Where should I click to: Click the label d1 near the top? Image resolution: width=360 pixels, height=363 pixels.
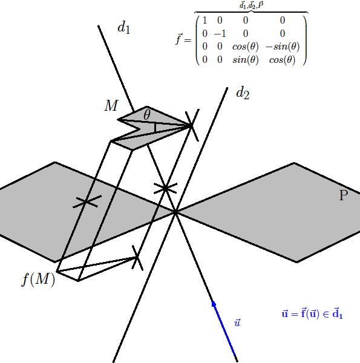(x=124, y=28)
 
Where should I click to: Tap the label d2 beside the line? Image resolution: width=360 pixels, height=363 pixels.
(x=243, y=93)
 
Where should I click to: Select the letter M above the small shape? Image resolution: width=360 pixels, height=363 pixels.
(x=111, y=105)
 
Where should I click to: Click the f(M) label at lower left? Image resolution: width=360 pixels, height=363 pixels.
(x=39, y=279)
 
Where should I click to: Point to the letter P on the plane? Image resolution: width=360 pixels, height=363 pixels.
(x=344, y=195)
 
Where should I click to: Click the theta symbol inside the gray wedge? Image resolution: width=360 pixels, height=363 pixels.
(x=147, y=114)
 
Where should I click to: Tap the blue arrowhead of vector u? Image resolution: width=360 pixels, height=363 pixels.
(x=214, y=304)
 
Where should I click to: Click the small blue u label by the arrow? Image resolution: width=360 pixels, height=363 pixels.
(x=237, y=322)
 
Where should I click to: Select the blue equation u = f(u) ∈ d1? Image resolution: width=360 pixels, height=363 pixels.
(x=312, y=313)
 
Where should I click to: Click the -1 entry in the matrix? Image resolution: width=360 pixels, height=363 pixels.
(x=220, y=34)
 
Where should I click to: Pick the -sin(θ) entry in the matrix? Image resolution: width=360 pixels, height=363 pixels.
(x=283, y=47)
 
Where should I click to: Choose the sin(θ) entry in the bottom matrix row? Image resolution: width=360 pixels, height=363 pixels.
(x=246, y=60)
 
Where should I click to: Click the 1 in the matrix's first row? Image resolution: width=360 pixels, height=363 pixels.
(x=205, y=21)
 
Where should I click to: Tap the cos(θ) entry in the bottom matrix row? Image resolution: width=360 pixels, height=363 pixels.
(x=283, y=60)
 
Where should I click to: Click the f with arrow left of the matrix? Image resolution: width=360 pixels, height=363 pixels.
(x=178, y=39)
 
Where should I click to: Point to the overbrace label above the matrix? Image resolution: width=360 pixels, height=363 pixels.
(x=251, y=5)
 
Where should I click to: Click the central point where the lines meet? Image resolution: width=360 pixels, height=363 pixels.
(x=175, y=212)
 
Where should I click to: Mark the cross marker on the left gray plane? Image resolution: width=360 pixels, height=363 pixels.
(x=87, y=201)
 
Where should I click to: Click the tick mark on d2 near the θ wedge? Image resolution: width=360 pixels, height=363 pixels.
(x=192, y=125)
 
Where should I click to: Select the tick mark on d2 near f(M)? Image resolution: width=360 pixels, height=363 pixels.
(x=137, y=258)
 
